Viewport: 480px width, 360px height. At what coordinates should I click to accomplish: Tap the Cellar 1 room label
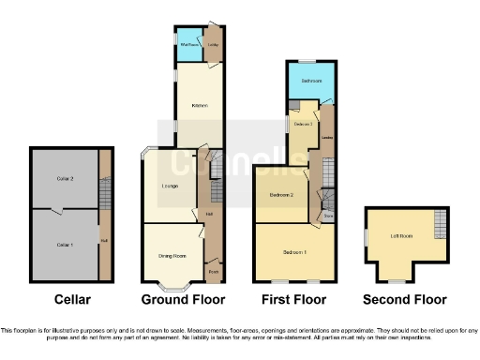pos(64,244)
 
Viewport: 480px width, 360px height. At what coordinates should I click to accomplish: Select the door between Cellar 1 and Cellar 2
pos(58,209)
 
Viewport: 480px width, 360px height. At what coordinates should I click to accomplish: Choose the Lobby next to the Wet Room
pos(214,44)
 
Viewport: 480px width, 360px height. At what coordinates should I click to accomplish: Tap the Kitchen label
pos(199,105)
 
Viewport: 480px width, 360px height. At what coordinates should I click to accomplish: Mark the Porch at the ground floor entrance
pos(213,272)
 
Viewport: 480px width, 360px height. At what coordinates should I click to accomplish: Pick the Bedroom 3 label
pos(302,124)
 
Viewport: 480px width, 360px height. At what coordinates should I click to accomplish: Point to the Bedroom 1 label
pos(295,252)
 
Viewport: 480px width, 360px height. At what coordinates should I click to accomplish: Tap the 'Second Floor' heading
pos(406,300)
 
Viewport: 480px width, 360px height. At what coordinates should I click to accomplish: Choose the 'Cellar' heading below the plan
pos(72,300)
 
